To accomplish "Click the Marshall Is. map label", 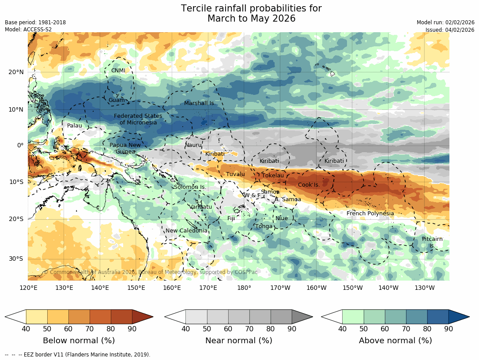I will (199, 103).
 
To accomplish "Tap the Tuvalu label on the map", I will (235, 174).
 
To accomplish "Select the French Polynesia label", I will (370, 214).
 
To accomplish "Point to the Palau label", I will (74, 126).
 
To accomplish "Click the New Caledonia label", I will (186, 231).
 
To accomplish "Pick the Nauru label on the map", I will (193, 145).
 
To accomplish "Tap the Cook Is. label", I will (309, 185).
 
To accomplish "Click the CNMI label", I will (118, 71).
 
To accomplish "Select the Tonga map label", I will (264, 226).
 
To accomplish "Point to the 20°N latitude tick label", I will (16, 72).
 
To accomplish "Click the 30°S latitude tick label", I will (16, 259).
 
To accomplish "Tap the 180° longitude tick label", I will (244, 288).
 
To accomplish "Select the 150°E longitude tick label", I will (136, 288).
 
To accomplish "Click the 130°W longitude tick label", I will (424, 288).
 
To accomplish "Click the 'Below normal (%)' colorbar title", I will (79, 341).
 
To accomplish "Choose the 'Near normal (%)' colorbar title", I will (238, 341).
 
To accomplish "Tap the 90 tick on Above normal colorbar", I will (449, 328).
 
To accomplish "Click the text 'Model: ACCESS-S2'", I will (28, 30).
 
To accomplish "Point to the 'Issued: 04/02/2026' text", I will (449, 30).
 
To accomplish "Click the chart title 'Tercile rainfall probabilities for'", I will (251, 9).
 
